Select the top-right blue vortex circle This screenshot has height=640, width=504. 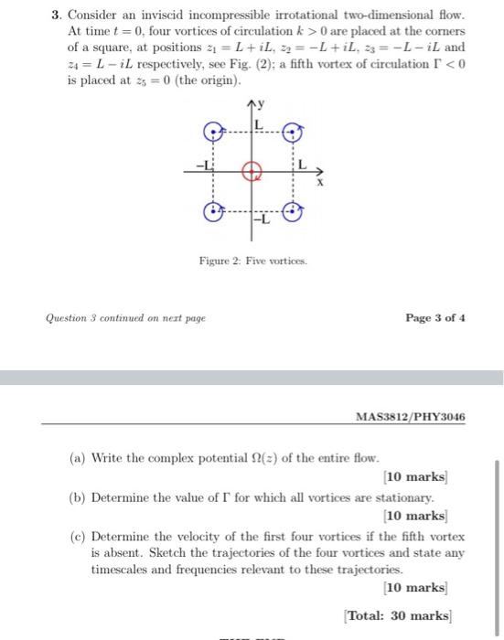(x=293, y=133)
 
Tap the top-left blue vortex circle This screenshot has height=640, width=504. (x=212, y=133)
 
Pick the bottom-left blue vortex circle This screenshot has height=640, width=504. (x=212, y=212)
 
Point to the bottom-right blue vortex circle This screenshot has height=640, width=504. (x=293, y=212)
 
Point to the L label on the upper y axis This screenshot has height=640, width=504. (x=259, y=123)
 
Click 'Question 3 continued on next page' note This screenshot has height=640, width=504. (x=126, y=317)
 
